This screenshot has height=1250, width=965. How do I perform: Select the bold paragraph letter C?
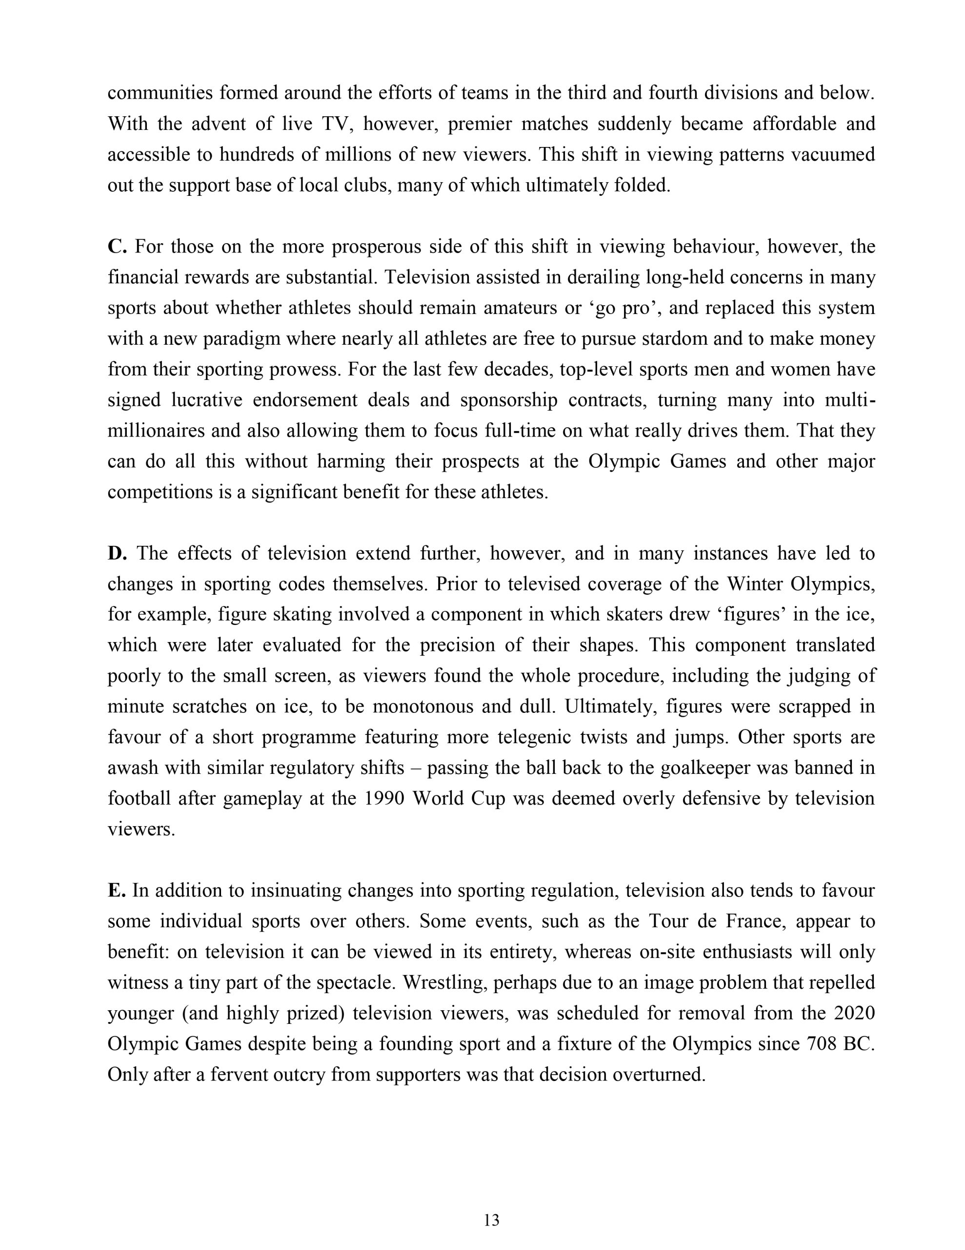click(x=116, y=247)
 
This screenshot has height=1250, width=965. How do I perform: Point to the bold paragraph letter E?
click(x=116, y=891)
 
